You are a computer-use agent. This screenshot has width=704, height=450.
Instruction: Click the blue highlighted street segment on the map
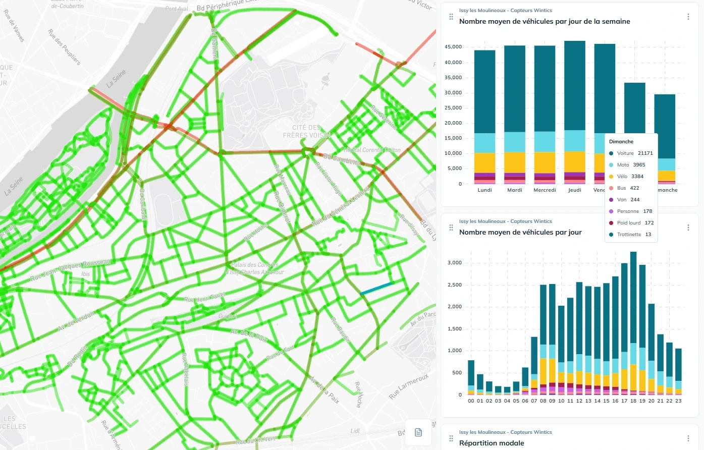pos(376,289)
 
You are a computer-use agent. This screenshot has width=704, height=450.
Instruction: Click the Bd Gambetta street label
pos(342,160)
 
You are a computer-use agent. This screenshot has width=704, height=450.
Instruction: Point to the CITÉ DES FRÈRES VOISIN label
pos(306,131)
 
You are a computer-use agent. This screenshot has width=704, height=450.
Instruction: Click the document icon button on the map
pos(418,432)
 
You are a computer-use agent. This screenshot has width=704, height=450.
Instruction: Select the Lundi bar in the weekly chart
pos(484,117)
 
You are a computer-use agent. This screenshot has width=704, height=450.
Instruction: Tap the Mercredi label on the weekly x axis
pos(545,190)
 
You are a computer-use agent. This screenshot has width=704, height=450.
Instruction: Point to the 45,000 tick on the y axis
pos(453,47)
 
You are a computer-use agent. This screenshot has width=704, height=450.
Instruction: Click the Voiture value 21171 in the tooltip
pos(645,153)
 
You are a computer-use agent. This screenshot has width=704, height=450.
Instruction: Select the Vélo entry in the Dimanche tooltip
pos(622,177)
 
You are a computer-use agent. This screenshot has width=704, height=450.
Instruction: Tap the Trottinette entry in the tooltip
pos(629,235)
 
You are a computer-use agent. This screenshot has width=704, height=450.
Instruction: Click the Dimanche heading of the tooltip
pos(621,142)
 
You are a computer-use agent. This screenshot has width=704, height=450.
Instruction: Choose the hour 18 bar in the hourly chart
pos(633,327)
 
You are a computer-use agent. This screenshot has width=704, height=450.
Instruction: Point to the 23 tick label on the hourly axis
pos(678,401)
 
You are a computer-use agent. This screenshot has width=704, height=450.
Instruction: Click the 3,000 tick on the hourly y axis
pos(455,263)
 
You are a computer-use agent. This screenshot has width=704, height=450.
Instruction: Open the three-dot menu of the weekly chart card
pos(688,17)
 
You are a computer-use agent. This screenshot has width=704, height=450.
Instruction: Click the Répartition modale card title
pos(492,443)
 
